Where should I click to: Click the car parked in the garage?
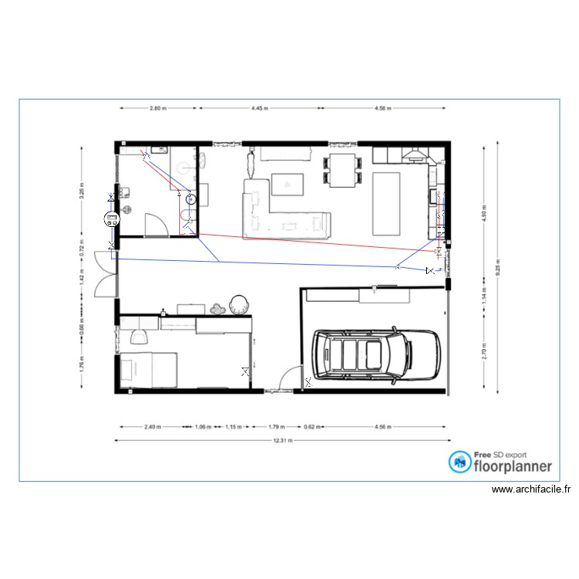pyautogui.click(x=374, y=356)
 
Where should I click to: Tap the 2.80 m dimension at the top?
pyautogui.click(x=157, y=109)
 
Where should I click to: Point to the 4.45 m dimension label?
pyautogui.click(x=260, y=109)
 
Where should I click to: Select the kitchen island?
pyautogui.click(x=387, y=204)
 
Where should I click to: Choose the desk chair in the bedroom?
pyautogui.click(x=139, y=335)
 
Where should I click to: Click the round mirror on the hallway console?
pyautogui.click(x=238, y=304)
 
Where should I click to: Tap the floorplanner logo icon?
pyautogui.click(x=461, y=462)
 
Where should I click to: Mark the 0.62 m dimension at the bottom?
pyautogui.click(x=310, y=426)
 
